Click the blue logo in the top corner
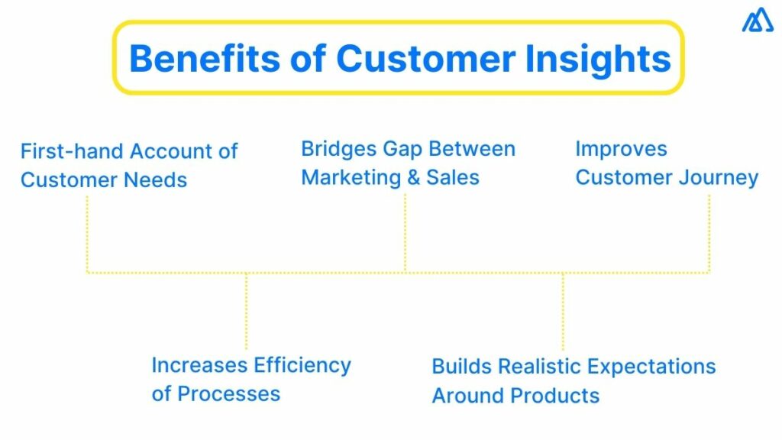[x=757, y=21]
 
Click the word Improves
[x=621, y=148]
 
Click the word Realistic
[x=535, y=367]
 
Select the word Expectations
[x=655, y=367]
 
